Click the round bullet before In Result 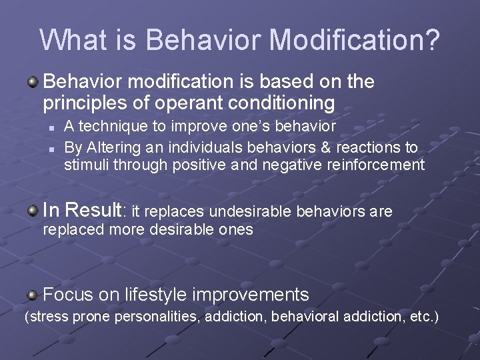point(33,211)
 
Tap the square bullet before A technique point(51,127)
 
